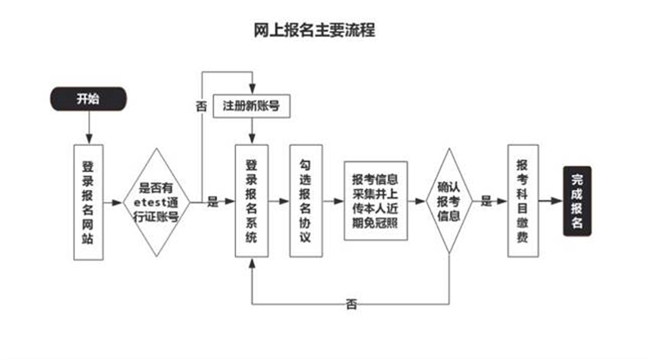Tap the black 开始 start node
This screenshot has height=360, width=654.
(x=88, y=99)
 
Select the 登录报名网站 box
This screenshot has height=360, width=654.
(x=89, y=202)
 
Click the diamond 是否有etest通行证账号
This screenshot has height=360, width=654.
(x=157, y=202)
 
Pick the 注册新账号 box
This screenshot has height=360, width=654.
(x=251, y=106)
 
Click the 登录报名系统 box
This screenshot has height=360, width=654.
(x=251, y=202)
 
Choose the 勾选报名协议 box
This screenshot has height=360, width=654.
(x=306, y=202)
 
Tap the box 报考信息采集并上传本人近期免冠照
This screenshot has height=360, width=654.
(x=376, y=201)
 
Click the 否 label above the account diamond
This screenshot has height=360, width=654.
(x=201, y=106)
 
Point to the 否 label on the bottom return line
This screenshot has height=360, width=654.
(x=351, y=304)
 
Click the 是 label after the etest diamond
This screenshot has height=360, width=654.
(x=212, y=202)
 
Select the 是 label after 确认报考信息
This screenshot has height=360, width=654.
(x=486, y=202)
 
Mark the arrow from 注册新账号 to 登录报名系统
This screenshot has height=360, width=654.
(x=251, y=131)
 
